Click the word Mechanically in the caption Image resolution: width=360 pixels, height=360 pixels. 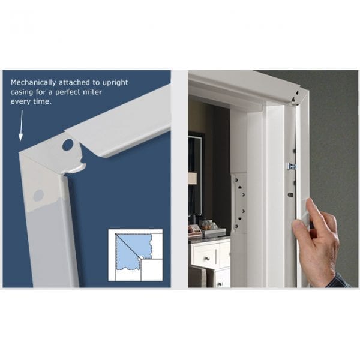click(32, 82)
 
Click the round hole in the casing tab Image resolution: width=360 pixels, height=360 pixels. click(67, 145)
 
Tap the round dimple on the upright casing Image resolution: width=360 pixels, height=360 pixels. click(38, 195)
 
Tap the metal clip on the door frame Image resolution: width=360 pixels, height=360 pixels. click(292, 166)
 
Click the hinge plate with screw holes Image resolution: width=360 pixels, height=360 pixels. click(239, 204)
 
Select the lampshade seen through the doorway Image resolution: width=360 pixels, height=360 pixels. click(193, 178)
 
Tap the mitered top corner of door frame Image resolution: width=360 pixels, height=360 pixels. click(298, 95)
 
